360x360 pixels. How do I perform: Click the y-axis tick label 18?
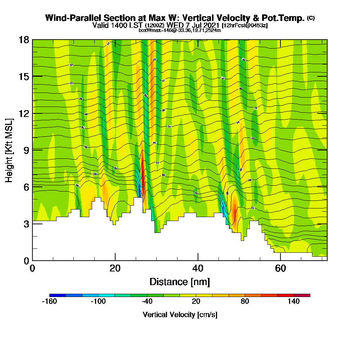(x=24, y=40)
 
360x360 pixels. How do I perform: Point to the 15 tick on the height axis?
(x=24, y=76)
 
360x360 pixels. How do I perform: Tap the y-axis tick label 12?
(x=24, y=113)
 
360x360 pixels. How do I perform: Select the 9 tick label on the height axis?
(x=26, y=150)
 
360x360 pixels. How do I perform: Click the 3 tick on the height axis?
(x=26, y=224)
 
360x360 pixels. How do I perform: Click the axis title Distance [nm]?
(x=180, y=282)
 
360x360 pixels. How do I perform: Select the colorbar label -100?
(x=98, y=302)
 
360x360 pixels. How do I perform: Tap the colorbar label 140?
(x=294, y=302)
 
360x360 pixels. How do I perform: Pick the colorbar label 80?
(x=245, y=302)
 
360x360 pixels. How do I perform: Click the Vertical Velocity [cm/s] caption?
(x=180, y=315)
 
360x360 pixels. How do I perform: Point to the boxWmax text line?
(x=180, y=30)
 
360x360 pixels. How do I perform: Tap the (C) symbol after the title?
(x=311, y=18)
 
